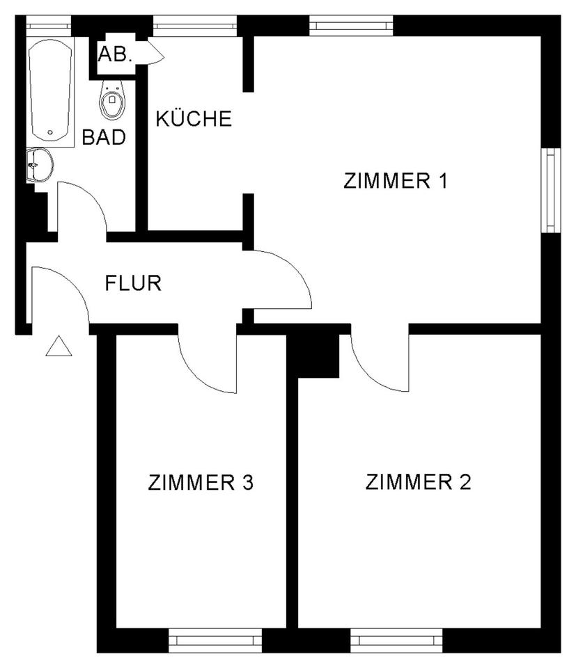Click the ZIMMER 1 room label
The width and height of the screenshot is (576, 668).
(394, 181)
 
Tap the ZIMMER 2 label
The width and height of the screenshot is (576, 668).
(418, 482)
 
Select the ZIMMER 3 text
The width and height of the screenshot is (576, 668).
(201, 482)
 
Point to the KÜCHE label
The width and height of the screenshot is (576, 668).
(193, 119)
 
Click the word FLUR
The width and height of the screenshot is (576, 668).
(133, 284)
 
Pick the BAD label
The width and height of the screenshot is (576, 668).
(104, 137)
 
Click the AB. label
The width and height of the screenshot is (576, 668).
(115, 55)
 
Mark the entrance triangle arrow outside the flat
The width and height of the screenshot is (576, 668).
(59, 347)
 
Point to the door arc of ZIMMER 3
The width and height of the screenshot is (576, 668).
(210, 365)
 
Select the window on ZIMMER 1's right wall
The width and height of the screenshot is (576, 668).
(551, 190)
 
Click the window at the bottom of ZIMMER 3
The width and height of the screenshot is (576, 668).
(215, 639)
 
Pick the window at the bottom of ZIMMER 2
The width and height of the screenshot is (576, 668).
(396, 639)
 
